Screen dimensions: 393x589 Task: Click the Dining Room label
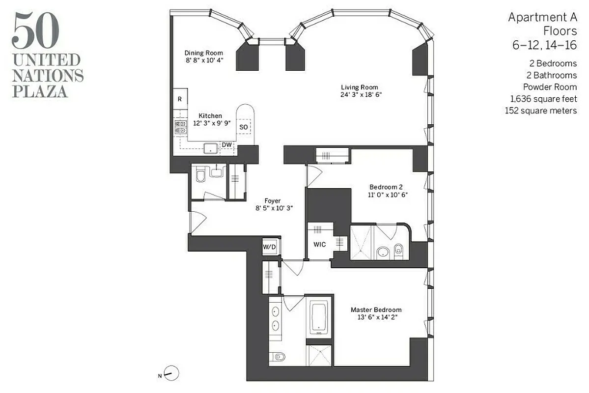pyautogui.click(x=203, y=53)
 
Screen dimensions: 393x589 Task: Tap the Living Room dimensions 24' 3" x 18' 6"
pyautogui.click(x=361, y=95)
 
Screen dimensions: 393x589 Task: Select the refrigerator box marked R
pyautogui.click(x=180, y=99)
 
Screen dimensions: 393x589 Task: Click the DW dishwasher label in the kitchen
pyautogui.click(x=226, y=144)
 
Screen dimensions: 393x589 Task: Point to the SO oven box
pyautogui.click(x=244, y=127)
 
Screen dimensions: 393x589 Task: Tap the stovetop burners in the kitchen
pyautogui.click(x=180, y=127)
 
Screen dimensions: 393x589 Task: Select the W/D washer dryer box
pyautogui.click(x=269, y=247)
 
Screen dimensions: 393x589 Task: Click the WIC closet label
pyautogui.click(x=320, y=244)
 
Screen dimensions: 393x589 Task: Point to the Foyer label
pyautogui.click(x=273, y=201)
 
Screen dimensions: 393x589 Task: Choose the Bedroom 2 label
pyautogui.click(x=386, y=187)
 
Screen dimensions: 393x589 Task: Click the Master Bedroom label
pyautogui.click(x=376, y=310)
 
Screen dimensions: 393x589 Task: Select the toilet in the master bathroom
pyautogui.click(x=278, y=356)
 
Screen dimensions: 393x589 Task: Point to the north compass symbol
pyautogui.click(x=172, y=373)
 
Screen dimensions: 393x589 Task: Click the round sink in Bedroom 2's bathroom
pyautogui.click(x=383, y=253)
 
